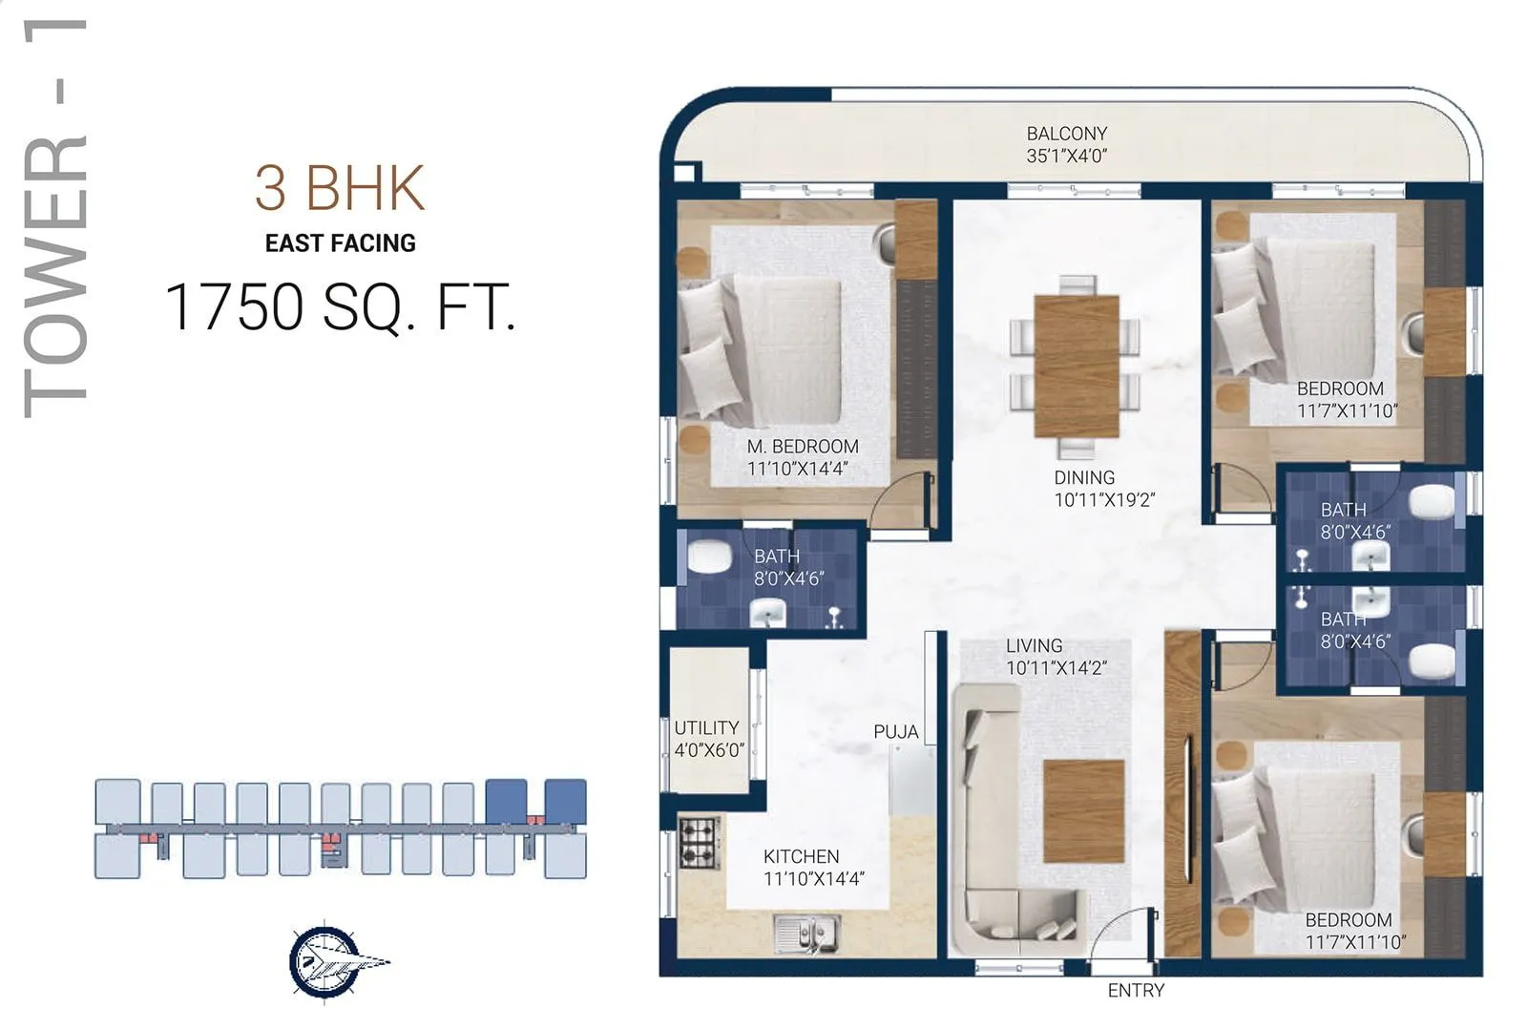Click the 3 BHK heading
[x=339, y=188]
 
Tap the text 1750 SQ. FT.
[x=340, y=307]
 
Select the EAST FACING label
[x=340, y=243]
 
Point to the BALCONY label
[x=1066, y=134]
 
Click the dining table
[x=1076, y=366]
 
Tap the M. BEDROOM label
[x=802, y=447]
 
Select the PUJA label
[x=895, y=732]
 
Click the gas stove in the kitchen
[x=699, y=842]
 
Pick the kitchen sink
[x=807, y=933]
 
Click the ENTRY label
[x=1135, y=991]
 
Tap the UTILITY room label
[x=706, y=728]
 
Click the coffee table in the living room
[x=1082, y=810]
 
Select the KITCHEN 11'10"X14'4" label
[x=812, y=868]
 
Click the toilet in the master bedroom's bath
[x=708, y=556]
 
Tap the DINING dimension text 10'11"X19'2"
[x=1103, y=499]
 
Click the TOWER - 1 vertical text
[x=55, y=220]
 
